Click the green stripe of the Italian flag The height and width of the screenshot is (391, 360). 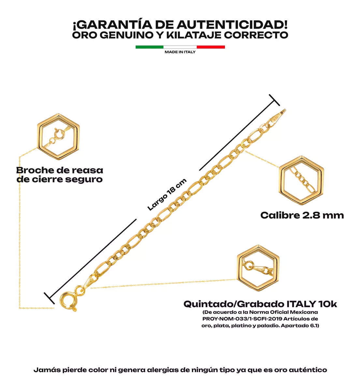(x=149, y=47)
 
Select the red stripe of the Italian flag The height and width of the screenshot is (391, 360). (x=211, y=47)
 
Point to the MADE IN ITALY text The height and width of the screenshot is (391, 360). (x=180, y=52)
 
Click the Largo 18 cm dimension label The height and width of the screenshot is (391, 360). (x=167, y=194)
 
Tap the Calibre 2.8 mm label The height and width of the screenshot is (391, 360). (x=302, y=215)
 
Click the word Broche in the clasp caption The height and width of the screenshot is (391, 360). (x=35, y=170)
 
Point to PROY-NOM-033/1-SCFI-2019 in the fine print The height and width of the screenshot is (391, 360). (x=242, y=319)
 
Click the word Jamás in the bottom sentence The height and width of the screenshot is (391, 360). (x=47, y=370)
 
